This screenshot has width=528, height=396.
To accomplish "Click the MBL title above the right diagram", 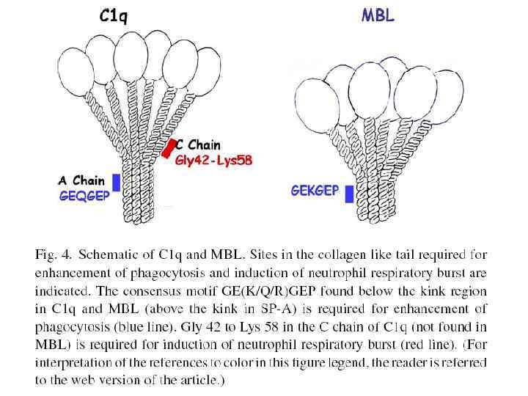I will click(377, 15).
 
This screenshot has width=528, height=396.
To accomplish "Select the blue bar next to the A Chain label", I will click(116, 182).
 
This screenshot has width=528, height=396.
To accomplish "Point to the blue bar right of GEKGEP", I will click(349, 194).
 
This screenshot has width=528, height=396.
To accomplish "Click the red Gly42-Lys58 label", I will click(213, 161).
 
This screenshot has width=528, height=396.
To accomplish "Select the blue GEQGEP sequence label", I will click(84, 196).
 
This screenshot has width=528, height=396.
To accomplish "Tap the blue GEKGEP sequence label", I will click(315, 191).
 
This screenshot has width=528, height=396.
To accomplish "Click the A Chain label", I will click(84, 181).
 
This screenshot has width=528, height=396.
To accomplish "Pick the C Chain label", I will click(199, 146).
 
